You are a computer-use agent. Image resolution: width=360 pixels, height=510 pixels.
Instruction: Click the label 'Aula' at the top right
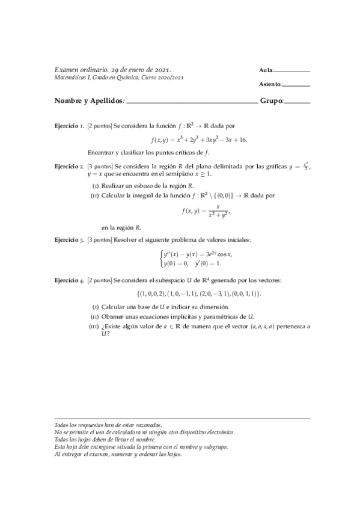click(266, 71)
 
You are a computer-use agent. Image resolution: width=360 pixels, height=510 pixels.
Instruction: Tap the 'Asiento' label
click(269, 84)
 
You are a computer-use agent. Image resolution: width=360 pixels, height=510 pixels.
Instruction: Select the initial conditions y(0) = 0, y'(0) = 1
click(192, 263)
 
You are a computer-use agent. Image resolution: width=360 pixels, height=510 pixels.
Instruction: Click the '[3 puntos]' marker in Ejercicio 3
click(100, 239)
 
